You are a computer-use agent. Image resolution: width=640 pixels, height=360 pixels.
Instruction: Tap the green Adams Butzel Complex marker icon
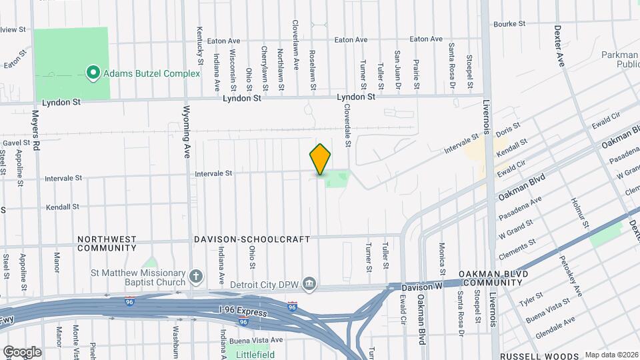click(93, 73)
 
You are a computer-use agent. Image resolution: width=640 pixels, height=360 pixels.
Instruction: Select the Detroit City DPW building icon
click(309, 285)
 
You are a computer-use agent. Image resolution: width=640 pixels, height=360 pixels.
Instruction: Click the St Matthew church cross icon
click(196, 276)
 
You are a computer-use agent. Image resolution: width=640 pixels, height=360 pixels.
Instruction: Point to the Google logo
click(22, 351)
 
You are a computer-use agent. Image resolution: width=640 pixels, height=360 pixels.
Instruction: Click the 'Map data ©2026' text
click(611, 355)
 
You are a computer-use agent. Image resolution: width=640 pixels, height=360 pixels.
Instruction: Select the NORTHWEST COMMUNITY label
click(107, 243)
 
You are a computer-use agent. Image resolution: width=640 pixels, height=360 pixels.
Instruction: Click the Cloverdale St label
click(348, 125)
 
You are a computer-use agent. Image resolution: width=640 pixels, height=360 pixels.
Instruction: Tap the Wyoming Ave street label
click(187, 131)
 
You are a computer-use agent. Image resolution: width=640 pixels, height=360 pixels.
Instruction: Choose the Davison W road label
click(423, 287)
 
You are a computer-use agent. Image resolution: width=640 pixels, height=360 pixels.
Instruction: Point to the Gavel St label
click(17, 143)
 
